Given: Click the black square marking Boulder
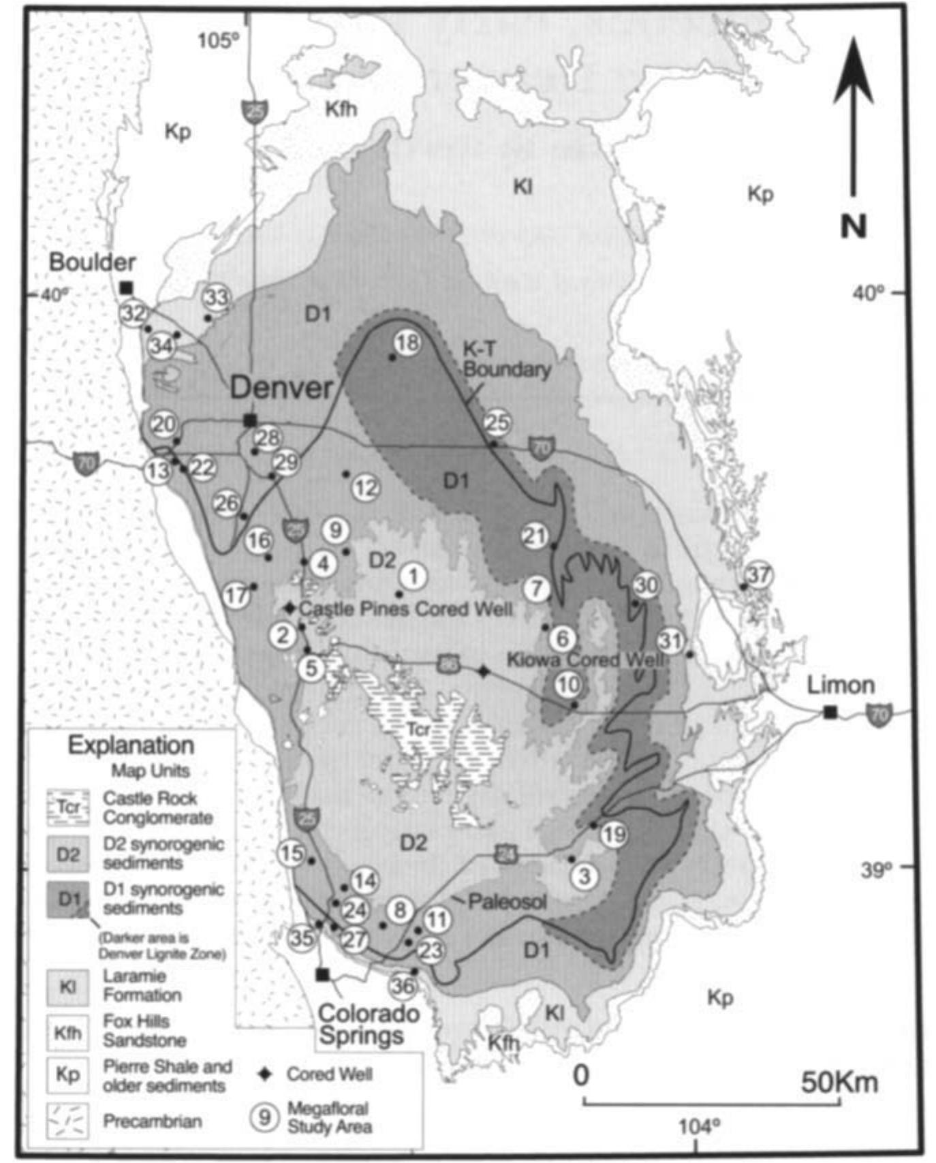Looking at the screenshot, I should coord(126,288).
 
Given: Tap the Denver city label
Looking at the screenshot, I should coord(281,388).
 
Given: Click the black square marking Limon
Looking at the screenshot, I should coord(829,713).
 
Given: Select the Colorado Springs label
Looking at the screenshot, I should coord(369,1025).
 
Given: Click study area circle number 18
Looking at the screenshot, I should coord(407,342).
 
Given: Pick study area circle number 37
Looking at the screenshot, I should coord(758,575).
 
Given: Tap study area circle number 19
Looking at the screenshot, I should coord(614,834).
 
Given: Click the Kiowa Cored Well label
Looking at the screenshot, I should coord(584,659).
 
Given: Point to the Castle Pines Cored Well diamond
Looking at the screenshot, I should coord(290,608).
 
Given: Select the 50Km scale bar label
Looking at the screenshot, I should coord(839,1081).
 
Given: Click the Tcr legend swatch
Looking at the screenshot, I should coord(67,808).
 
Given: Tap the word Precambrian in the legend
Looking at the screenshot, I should coord(152,1121).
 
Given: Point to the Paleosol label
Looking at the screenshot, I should coord(507,902).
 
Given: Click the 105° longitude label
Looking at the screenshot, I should coord(218,42).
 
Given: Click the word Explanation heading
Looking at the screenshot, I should coord(131,745).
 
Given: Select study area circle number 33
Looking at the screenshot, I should coord(217,298).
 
